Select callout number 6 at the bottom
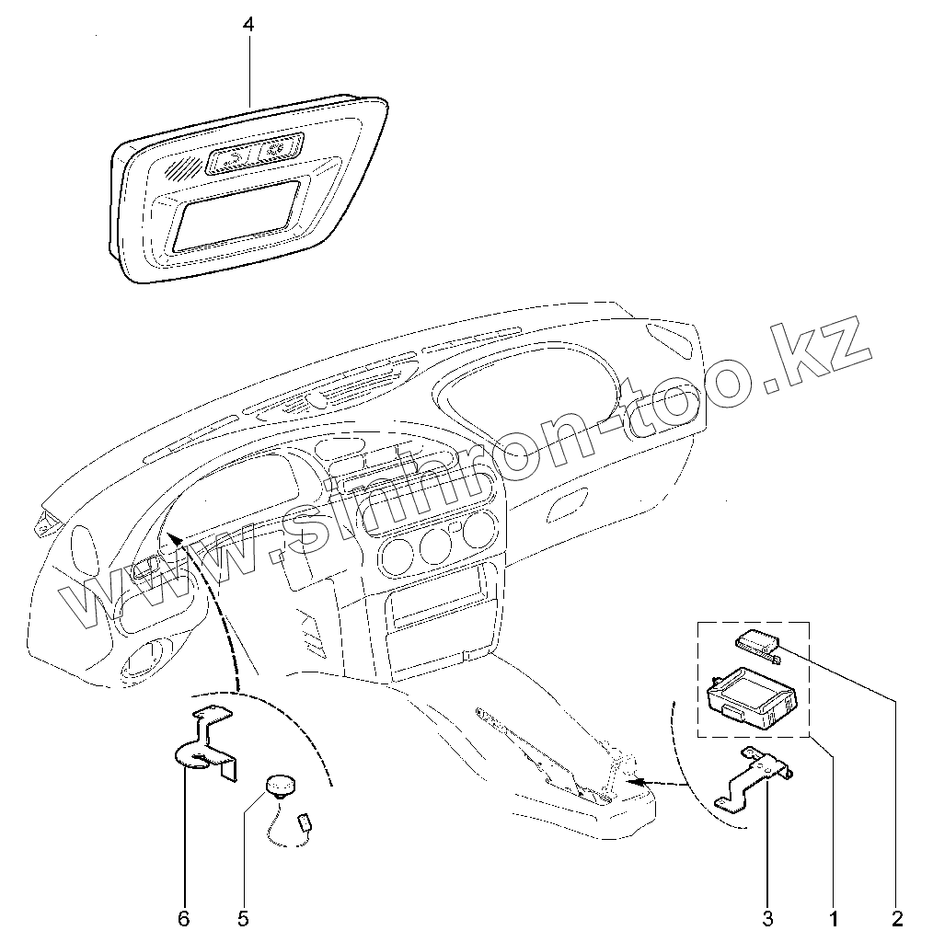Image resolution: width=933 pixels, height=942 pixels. point(184,917)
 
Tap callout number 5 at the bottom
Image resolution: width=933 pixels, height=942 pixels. point(243,917)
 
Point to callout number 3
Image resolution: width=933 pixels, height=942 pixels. point(767,917)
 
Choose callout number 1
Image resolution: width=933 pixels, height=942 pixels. point(833,917)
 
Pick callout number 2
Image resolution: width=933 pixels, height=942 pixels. point(897,917)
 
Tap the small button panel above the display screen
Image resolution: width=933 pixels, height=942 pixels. point(252,154)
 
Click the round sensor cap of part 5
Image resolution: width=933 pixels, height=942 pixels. point(281,784)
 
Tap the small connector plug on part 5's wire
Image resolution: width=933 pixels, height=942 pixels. point(305,821)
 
